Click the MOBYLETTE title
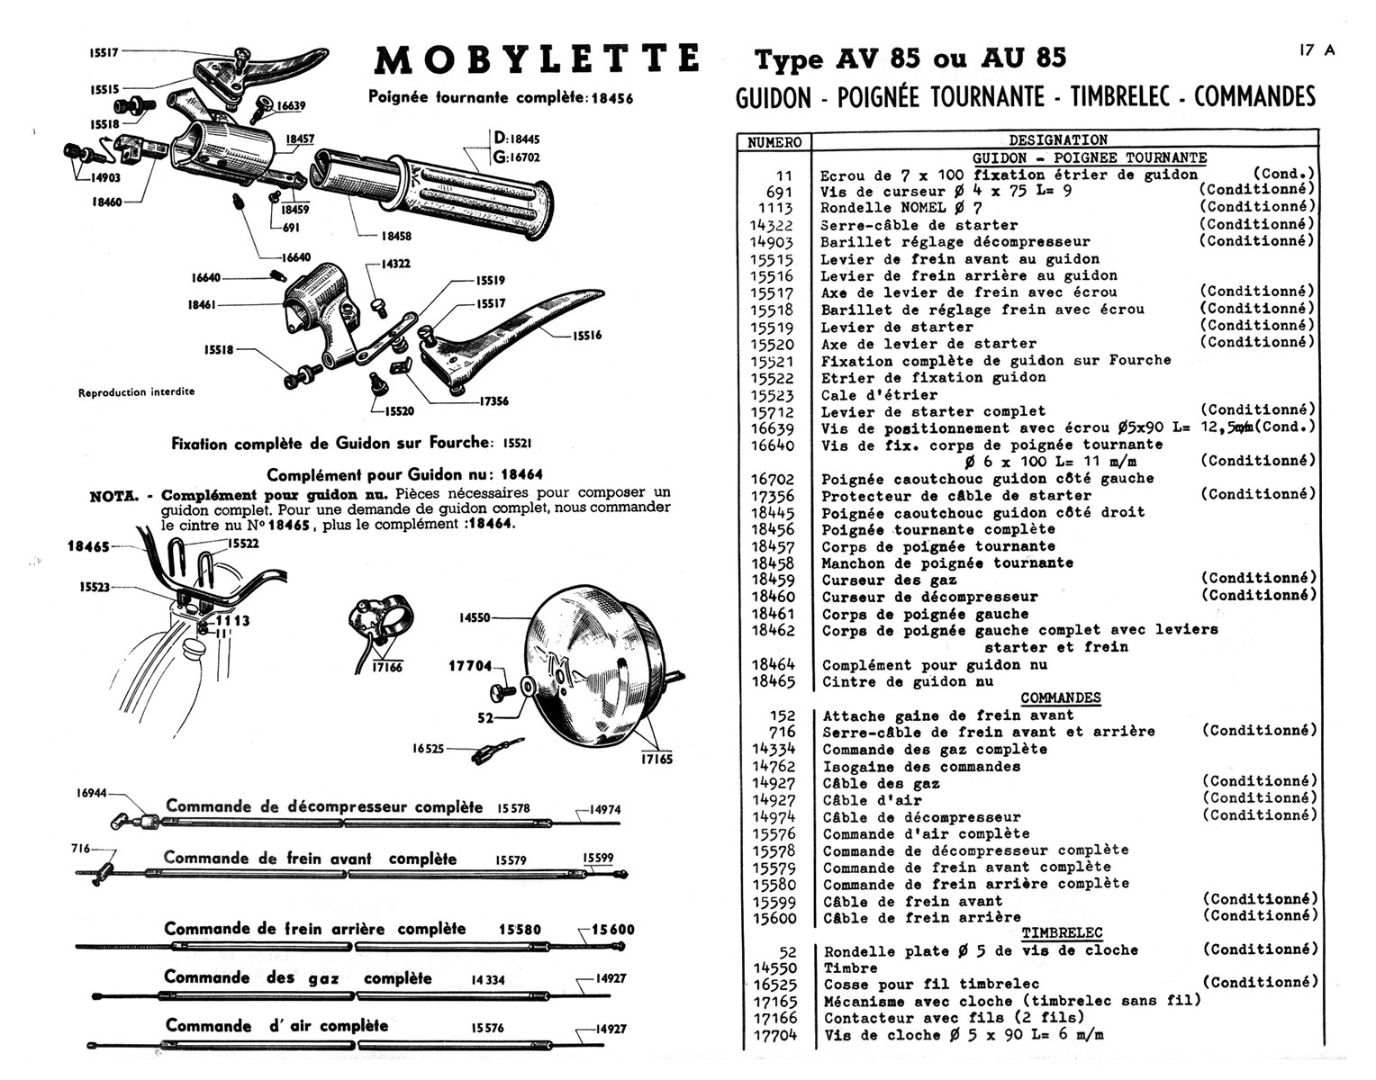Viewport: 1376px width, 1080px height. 537,59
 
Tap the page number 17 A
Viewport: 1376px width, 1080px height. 1317,50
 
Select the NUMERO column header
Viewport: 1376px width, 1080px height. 774,141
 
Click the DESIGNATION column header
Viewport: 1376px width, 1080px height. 1058,140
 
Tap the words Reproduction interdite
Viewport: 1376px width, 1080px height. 136,392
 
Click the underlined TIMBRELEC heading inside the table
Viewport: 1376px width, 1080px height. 1062,933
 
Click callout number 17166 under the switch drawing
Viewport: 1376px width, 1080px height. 387,668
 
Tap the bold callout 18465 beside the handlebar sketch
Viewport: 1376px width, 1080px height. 88,546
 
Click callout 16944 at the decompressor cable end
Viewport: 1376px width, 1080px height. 91,793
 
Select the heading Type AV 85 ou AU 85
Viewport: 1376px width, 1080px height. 910,59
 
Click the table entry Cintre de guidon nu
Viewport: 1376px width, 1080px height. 908,682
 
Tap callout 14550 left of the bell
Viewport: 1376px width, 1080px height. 474,618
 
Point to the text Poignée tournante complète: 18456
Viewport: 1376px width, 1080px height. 500,98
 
